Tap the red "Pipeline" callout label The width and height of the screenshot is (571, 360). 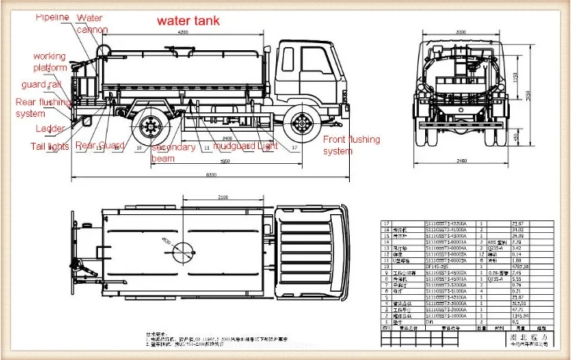click(x=53, y=16)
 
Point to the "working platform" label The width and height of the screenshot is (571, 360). click(x=49, y=63)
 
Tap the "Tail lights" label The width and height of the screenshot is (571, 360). click(x=50, y=147)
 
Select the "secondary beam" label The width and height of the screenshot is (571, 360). click(x=173, y=152)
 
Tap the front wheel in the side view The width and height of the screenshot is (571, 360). click(x=300, y=126)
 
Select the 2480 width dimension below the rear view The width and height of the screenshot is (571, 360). click(x=460, y=161)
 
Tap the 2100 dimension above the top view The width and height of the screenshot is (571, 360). click(x=223, y=198)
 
